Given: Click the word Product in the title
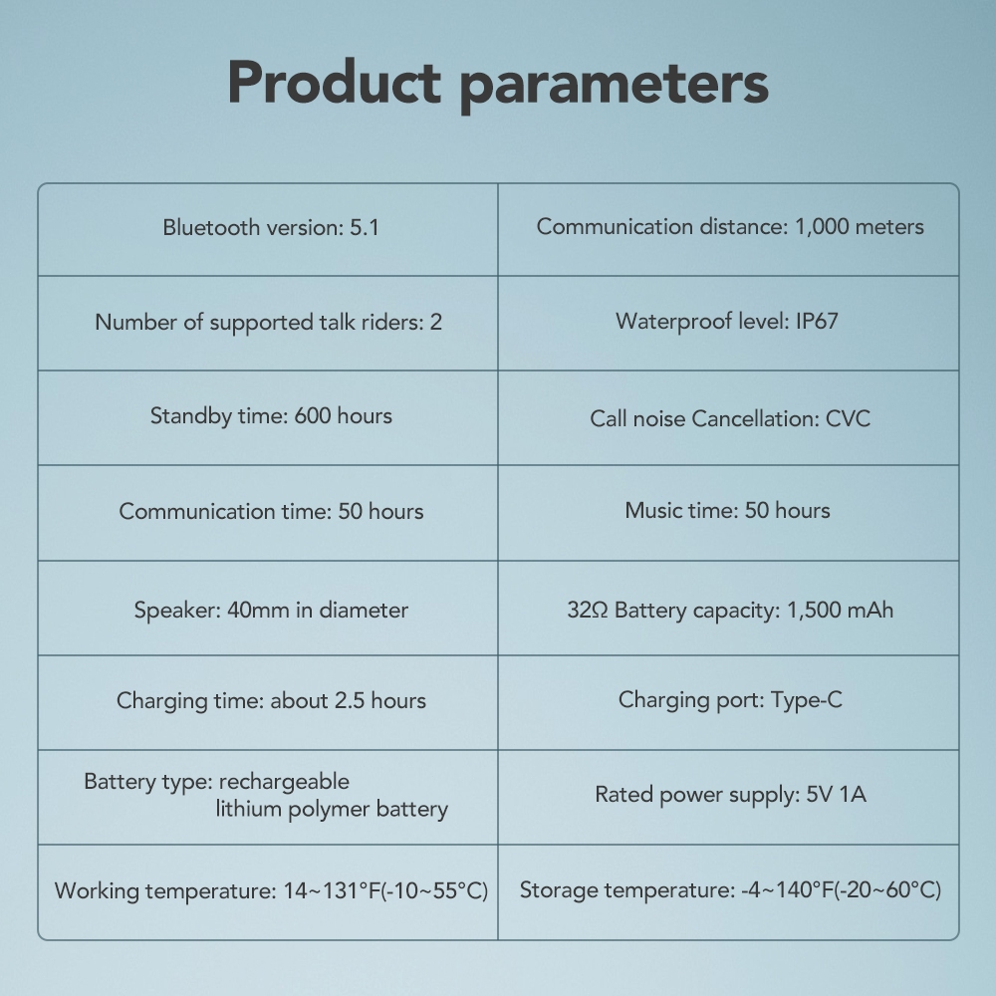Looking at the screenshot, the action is click(x=334, y=83).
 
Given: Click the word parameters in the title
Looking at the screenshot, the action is click(x=615, y=85).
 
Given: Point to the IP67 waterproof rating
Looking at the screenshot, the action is click(x=817, y=322).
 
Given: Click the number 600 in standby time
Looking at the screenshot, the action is click(x=313, y=416).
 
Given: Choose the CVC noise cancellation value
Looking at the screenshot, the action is click(x=848, y=418).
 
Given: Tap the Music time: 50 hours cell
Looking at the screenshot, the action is click(x=728, y=511).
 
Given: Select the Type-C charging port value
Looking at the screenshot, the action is click(x=807, y=700).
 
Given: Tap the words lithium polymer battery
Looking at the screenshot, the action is click(x=332, y=809).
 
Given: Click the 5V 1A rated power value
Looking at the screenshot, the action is click(x=836, y=795).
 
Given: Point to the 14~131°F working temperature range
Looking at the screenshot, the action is click(x=331, y=891).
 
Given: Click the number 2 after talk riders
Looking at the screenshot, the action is click(x=436, y=322).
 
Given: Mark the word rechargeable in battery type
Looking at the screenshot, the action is click(x=284, y=782).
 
